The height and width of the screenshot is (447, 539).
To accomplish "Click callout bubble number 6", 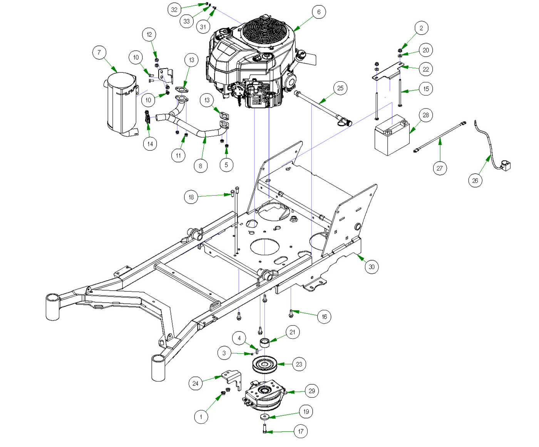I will tap(318, 12).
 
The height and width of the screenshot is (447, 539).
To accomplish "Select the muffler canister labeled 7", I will tap(121, 104).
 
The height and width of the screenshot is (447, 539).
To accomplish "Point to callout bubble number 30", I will tap(371, 266).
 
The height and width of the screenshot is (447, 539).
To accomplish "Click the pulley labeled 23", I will tap(264, 364).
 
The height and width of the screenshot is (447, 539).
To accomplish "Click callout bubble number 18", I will tap(191, 197).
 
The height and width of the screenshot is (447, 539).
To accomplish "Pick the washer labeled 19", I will tap(264, 417).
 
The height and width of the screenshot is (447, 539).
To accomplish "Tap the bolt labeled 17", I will tap(265, 428).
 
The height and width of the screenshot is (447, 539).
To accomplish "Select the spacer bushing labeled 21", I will tap(264, 342).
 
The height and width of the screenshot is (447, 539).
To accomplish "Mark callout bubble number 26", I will tap(475, 180).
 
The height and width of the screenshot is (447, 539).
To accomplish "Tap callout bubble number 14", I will tap(150, 144).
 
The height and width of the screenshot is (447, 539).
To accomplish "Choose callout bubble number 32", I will tap(174, 9).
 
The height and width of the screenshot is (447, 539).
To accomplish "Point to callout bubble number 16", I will tap(324, 316).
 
